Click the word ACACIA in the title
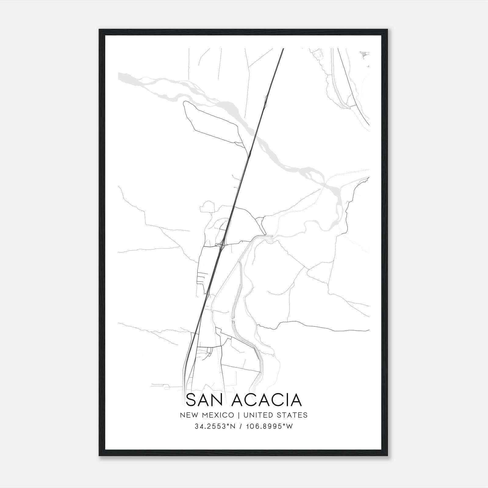point(267,400)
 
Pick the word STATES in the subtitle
point(292,415)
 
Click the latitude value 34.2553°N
point(215,426)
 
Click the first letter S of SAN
point(191,400)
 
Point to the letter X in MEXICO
point(219,415)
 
